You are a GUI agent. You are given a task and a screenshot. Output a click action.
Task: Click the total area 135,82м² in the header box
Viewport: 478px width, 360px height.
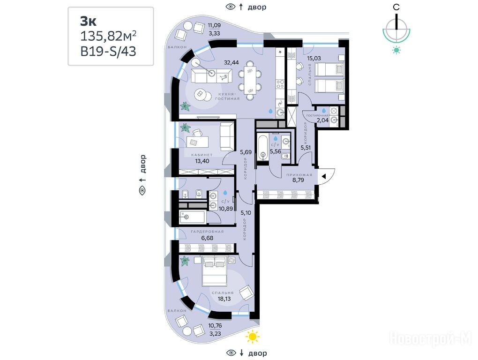pos(108,36)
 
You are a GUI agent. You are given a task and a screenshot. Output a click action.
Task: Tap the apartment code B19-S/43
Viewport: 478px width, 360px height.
pos(108,51)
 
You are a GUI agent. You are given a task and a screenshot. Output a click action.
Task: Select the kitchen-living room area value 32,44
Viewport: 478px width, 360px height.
pos(232,62)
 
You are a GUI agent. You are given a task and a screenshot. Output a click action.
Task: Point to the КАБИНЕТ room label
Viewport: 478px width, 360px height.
pos(202,155)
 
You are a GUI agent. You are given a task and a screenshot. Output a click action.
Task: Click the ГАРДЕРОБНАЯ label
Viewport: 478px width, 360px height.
pos(207,232)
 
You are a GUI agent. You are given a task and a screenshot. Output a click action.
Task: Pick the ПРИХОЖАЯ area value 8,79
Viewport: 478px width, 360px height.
pos(298,180)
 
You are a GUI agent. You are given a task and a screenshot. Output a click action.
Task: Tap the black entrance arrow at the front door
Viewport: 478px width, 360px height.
pos(324,176)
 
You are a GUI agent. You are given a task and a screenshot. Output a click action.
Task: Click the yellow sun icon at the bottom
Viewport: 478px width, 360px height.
pos(253,337)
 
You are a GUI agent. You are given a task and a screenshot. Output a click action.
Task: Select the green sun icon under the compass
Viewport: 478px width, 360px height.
pos(396,50)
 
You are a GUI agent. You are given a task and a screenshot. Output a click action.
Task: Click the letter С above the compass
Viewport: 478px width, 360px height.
pos(396,7)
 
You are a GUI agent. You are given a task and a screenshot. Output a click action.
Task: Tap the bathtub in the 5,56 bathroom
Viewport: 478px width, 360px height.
pos(263,148)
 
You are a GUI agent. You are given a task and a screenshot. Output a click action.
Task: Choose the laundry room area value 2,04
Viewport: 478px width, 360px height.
pos(322,120)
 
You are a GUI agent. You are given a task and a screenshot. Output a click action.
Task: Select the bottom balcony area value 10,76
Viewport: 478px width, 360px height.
pos(215,326)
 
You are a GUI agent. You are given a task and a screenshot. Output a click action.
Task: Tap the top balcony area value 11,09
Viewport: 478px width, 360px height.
pos(214,25)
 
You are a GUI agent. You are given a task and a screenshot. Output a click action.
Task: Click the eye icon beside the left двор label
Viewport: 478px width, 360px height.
pos(142,191)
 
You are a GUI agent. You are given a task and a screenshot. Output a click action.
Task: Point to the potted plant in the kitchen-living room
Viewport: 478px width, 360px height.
pos(185,106)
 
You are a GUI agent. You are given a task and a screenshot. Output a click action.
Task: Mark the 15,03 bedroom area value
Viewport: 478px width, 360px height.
pos(314,58)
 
